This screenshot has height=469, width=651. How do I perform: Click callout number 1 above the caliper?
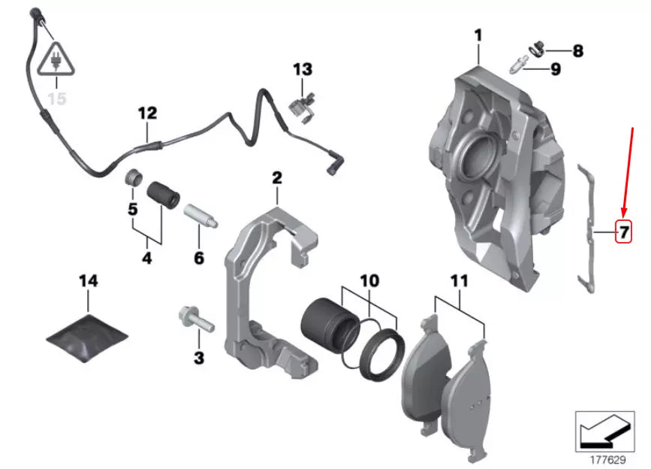(478, 35)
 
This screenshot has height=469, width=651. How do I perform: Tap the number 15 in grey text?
(57, 98)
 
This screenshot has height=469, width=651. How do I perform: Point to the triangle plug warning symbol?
(57, 61)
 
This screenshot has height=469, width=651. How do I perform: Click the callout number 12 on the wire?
(147, 113)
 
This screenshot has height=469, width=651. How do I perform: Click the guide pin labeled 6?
(200, 216)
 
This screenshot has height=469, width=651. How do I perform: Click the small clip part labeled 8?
(538, 49)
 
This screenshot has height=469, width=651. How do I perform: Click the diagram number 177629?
(605, 458)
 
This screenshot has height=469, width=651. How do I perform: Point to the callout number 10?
(369, 280)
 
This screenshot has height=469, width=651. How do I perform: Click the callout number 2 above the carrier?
(276, 178)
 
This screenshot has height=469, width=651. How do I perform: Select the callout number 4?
(146, 258)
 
